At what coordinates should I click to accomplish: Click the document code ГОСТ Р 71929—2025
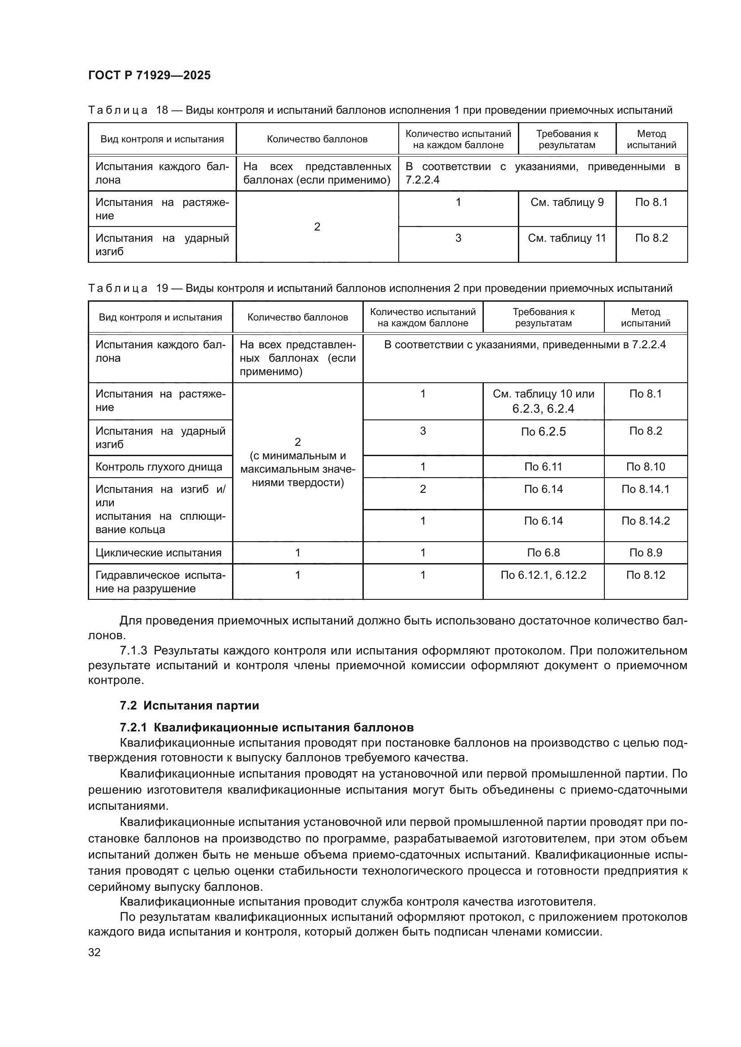149,75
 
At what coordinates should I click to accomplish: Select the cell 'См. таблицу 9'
567,202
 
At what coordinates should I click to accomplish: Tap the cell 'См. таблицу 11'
567,238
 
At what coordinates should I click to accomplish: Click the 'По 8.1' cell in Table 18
651,202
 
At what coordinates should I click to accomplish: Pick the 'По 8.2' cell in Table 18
651,238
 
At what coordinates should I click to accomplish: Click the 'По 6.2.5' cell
543,432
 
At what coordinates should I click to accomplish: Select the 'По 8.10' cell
645,466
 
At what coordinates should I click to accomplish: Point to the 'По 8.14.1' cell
645,489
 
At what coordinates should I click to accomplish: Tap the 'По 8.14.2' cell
645,521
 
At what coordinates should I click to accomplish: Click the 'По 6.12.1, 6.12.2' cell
543,575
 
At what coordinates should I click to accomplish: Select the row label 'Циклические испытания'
158,553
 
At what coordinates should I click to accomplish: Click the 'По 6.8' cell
543,553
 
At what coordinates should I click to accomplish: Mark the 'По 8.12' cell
645,575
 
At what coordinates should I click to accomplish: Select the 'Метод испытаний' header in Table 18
651,139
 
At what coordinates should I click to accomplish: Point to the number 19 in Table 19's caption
162,288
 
